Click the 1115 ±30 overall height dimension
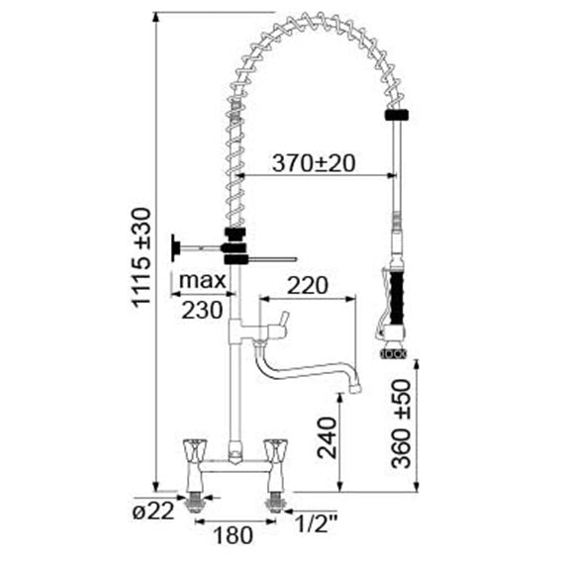tap(142, 257)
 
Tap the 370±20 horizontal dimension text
tap(314, 163)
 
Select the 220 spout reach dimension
tap(308, 286)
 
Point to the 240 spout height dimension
tap(327, 437)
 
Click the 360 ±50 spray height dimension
tap(401, 424)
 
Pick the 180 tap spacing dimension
tap(233, 535)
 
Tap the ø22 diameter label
tap(153, 512)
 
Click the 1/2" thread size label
tap(316, 523)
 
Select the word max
tap(203, 280)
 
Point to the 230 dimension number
tap(202, 311)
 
